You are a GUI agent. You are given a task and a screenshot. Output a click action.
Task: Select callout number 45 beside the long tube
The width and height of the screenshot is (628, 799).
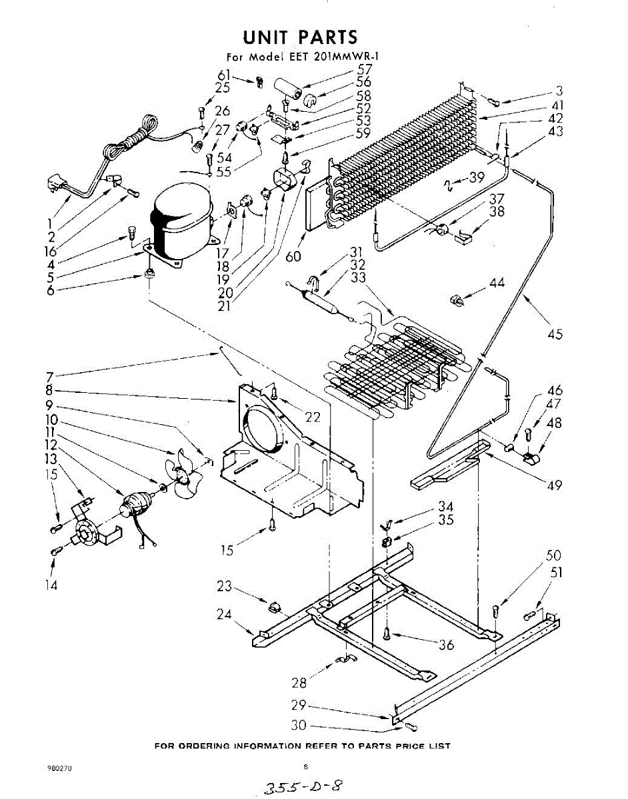point(555,334)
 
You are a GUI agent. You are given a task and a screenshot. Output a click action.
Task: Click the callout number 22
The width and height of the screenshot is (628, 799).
point(313,417)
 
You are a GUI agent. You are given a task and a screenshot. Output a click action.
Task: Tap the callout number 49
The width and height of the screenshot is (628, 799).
point(554,485)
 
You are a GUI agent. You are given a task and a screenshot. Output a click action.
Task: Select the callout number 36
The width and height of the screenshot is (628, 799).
point(446,645)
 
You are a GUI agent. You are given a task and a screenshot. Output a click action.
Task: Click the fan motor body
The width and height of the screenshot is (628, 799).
point(135,503)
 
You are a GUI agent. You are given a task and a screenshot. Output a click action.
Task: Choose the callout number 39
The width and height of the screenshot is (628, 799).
point(476,177)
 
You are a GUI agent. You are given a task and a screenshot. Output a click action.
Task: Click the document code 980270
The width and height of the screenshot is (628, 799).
point(59,768)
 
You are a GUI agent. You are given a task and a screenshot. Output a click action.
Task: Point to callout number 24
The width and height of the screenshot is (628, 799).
point(223,614)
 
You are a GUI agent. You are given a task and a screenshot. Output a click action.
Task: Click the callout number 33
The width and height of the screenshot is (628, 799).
point(358,277)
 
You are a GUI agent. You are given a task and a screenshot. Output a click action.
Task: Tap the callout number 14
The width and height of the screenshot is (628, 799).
point(51,585)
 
